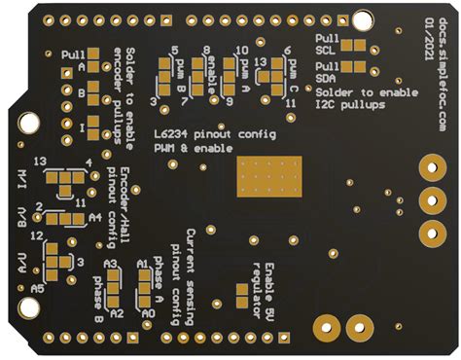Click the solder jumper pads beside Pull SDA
tap(354, 68)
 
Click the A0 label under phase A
tap(148, 314)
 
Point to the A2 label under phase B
tap(115, 314)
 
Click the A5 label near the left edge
tap(37, 290)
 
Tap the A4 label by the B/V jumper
tap(94, 219)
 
